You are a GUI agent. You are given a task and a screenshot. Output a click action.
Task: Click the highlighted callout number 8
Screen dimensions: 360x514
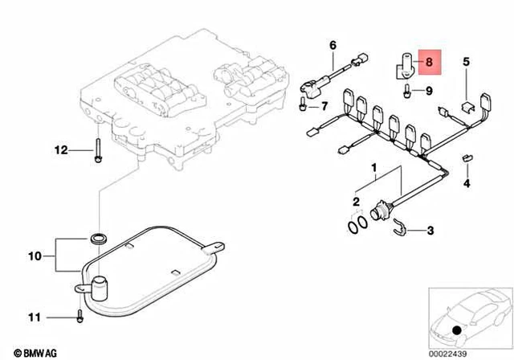tap(429, 61)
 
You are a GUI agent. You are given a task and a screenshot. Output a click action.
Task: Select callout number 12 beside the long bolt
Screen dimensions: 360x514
tap(61, 150)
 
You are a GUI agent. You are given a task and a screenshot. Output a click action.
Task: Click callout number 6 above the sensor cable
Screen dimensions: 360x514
tap(332, 45)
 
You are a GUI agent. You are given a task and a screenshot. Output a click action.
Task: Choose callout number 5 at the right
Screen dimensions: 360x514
tap(465, 62)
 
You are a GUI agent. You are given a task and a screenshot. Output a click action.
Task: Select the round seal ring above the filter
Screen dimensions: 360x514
tap(99, 239)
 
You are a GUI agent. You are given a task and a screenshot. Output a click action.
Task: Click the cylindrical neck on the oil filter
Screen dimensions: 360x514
tap(100, 286)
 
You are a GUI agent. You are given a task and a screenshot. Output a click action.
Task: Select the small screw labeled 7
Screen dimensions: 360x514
tap(302, 104)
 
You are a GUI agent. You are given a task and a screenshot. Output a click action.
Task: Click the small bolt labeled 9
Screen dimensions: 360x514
tap(409, 92)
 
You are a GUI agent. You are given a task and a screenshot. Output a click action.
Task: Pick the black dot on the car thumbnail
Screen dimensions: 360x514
tap(456, 330)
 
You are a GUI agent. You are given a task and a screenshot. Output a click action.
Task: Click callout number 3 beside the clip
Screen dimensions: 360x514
tap(430, 232)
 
